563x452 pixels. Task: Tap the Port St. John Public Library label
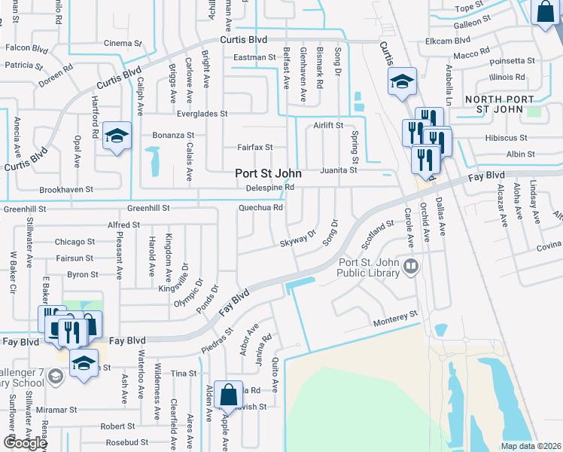pos(369,267)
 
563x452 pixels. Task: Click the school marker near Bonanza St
pos(117,136)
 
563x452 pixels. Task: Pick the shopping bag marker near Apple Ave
pos(228,394)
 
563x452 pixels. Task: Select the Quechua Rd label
pos(260,208)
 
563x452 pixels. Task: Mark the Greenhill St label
pos(149,208)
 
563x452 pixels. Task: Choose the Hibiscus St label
pos(507,139)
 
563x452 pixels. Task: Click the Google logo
pos(25,443)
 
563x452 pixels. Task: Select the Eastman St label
pos(255,57)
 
